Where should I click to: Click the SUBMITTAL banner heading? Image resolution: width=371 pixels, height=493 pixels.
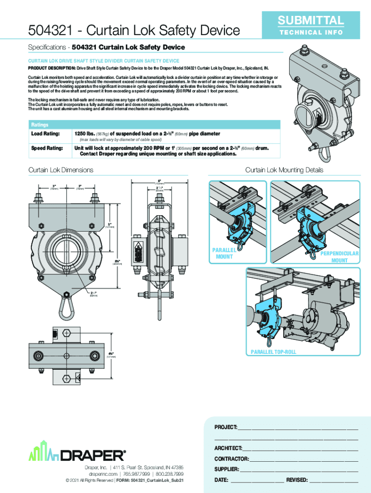[310, 20]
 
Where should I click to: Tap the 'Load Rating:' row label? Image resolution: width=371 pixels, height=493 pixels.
[45, 133]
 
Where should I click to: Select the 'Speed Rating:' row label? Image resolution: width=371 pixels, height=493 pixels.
[47, 148]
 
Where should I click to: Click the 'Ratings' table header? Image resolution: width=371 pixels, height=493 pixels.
[40, 125]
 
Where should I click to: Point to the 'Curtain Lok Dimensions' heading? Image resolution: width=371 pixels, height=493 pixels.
[61, 170]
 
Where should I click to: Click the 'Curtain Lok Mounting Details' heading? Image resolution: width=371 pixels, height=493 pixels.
[284, 170]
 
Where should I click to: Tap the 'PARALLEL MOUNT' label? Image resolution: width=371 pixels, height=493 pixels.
[225, 254]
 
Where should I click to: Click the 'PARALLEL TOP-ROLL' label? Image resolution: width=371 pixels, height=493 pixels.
[273, 352]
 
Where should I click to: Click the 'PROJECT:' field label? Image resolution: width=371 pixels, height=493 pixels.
[225, 428]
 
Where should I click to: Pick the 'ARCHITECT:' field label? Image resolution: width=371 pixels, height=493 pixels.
[228, 448]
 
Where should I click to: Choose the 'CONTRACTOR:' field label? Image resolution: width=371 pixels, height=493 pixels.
[232, 459]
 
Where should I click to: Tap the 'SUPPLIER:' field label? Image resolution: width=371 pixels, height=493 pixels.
[226, 469]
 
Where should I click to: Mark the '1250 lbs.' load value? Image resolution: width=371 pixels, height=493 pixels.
[84, 133]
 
